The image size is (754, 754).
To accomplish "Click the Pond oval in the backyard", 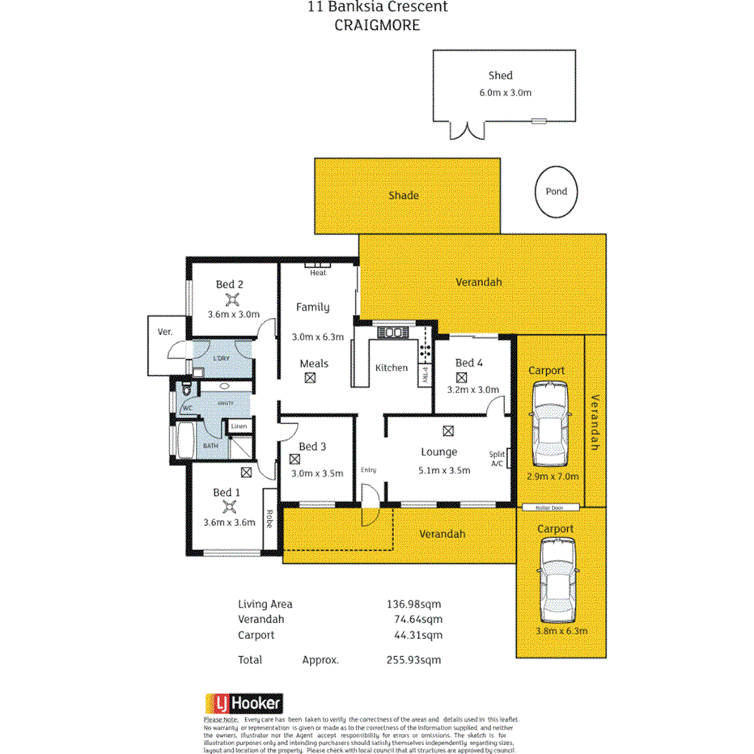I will click(556, 192).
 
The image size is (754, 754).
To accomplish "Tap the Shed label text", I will click(501, 75).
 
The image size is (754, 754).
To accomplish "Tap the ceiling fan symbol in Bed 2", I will click(230, 299).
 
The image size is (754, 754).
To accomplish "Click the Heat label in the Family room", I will click(318, 273).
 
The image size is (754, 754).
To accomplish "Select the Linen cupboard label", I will click(239, 426).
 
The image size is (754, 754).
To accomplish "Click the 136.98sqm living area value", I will click(414, 604).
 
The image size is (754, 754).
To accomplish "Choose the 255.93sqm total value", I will click(414, 659).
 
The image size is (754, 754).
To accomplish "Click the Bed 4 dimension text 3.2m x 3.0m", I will click(473, 389).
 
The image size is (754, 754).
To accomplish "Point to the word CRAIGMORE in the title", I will click(377, 25).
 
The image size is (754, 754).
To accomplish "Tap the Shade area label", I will click(403, 195).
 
